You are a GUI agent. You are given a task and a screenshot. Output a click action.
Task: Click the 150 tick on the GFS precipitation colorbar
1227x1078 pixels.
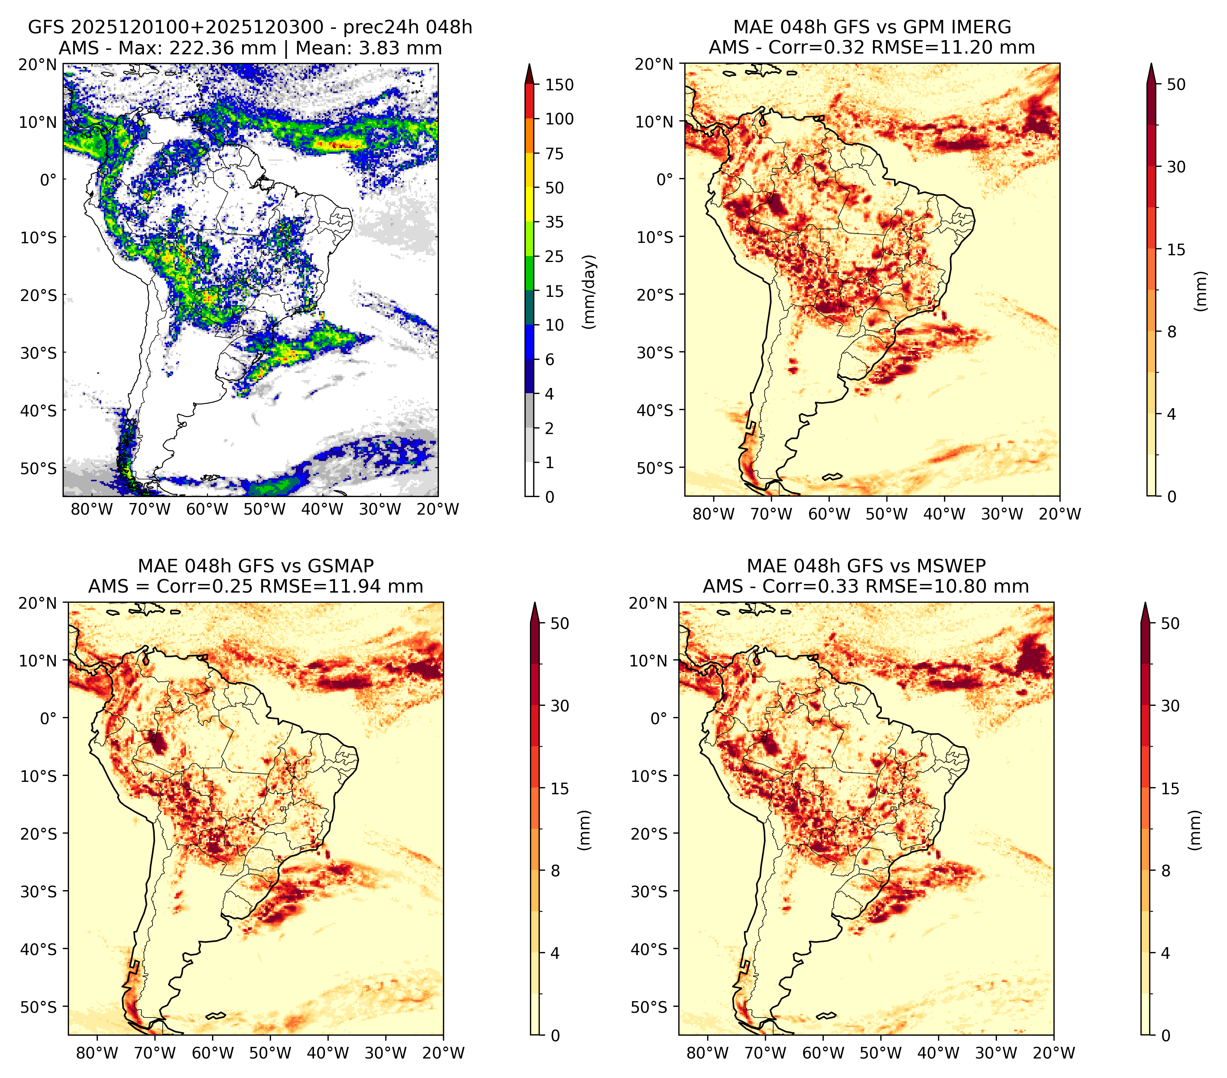tap(559, 85)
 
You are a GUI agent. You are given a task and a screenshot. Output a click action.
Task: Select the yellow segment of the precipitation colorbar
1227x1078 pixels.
tap(530, 187)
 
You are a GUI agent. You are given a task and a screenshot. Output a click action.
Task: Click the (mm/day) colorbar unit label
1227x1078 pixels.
tap(590, 292)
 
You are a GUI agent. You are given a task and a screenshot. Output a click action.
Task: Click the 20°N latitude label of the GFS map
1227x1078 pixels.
tap(38, 64)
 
